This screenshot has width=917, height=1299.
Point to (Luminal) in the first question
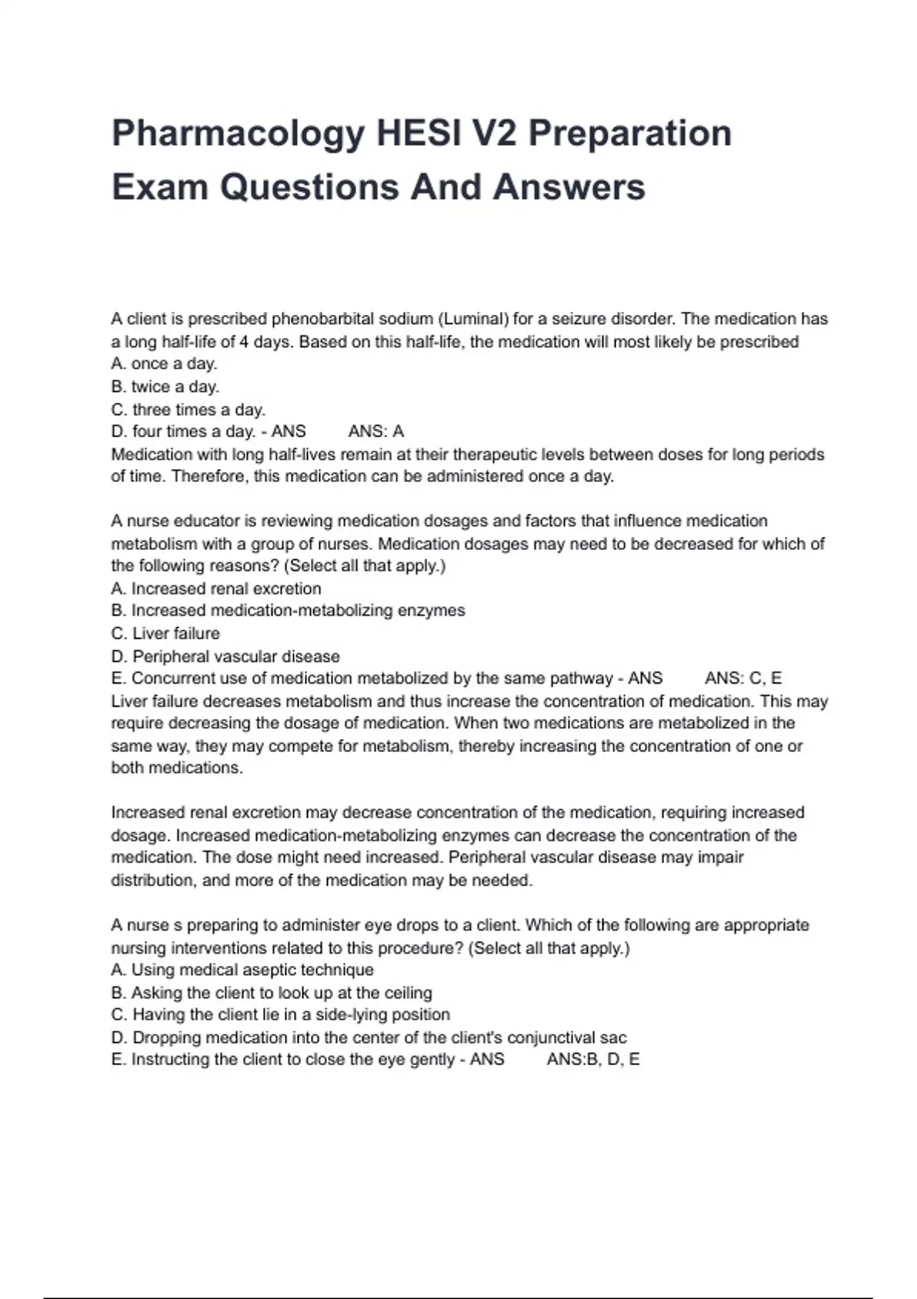pos(473,319)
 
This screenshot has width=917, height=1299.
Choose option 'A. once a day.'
pos(164,364)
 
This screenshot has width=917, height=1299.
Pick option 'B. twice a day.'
pos(165,387)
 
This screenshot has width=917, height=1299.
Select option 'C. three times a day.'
pos(188,410)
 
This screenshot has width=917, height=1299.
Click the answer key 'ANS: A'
pos(376,432)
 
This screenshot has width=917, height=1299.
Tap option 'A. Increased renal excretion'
pos(216,588)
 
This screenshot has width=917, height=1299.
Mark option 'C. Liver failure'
pos(165,633)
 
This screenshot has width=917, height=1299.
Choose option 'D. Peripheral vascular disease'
pos(225,656)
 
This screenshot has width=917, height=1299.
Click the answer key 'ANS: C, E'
pos(743,679)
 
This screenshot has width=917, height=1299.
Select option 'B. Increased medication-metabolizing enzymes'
pos(288,611)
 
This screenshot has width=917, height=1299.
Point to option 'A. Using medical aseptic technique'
pos(242,970)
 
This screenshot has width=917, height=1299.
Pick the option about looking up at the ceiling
pos(271,993)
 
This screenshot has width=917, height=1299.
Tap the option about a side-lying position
pos(280,1015)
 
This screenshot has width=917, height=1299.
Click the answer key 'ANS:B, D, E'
pos(593,1060)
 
